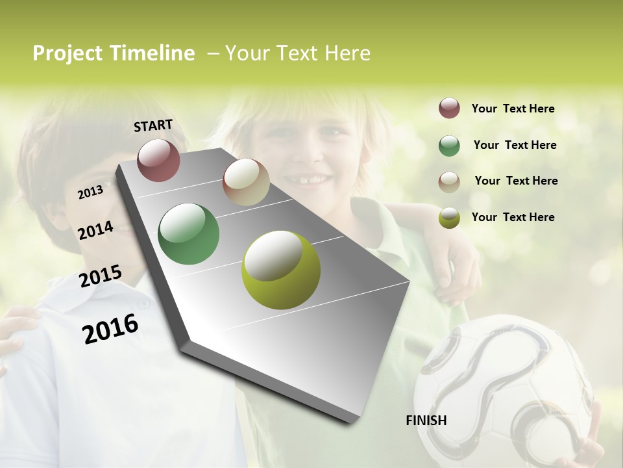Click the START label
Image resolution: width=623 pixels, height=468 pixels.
(153, 125)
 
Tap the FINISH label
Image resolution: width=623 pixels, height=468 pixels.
(426, 421)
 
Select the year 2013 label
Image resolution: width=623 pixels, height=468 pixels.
(91, 192)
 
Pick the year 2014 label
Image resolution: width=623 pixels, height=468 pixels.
(96, 230)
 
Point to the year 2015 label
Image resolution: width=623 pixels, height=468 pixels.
(101, 276)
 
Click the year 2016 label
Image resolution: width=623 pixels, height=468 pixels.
(110, 328)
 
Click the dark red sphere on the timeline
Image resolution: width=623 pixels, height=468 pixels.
(158, 160)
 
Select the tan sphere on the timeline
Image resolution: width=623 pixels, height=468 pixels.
(246, 182)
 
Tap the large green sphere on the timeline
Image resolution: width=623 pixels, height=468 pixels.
(189, 234)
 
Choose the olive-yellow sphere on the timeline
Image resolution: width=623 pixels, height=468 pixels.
(281, 270)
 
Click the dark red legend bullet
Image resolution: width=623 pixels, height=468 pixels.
(449, 109)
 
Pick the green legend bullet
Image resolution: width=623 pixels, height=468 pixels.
(449, 146)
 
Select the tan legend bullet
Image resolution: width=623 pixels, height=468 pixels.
(449, 182)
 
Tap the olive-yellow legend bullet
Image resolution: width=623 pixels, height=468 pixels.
(449, 218)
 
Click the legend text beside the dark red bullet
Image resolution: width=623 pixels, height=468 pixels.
(513, 109)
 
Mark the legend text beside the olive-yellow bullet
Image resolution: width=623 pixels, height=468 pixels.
(513, 217)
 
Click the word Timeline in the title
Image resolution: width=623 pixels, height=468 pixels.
(152, 53)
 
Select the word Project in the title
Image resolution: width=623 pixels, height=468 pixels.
(67, 53)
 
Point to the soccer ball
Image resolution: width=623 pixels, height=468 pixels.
(503, 390)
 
